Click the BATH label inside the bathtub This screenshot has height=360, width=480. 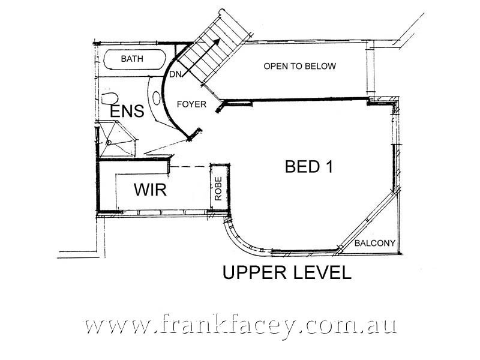[x=133, y=59]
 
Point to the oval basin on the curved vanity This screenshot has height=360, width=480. [x=158, y=98]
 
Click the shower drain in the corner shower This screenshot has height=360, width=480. [x=109, y=142]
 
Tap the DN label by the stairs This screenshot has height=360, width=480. [x=175, y=74]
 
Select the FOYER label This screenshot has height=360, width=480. [x=191, y=104]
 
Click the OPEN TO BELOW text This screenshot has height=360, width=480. [x=299, y=66]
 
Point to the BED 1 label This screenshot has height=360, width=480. [x=308, y=167]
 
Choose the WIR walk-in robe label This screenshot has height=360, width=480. [x=149, y=190]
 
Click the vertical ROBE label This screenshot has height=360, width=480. [x=219, y=188]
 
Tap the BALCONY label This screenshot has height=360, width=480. [x=374, y=243]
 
